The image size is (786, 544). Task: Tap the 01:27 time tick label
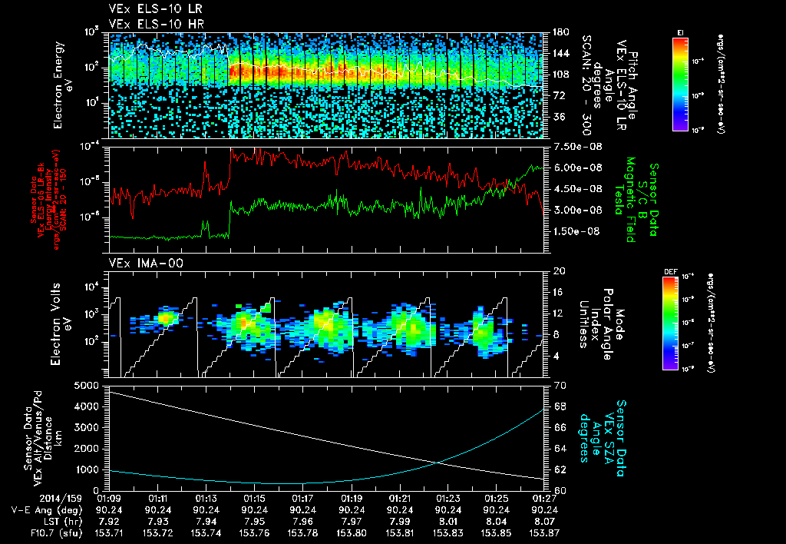click(544, 498)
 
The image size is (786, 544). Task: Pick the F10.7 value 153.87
click(544, 532)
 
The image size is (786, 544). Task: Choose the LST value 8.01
click(447, 521)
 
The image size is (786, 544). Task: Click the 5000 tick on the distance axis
click(88, 384)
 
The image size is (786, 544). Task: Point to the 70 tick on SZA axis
click(560, 384)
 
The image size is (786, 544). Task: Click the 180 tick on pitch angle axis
click(560, 32)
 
